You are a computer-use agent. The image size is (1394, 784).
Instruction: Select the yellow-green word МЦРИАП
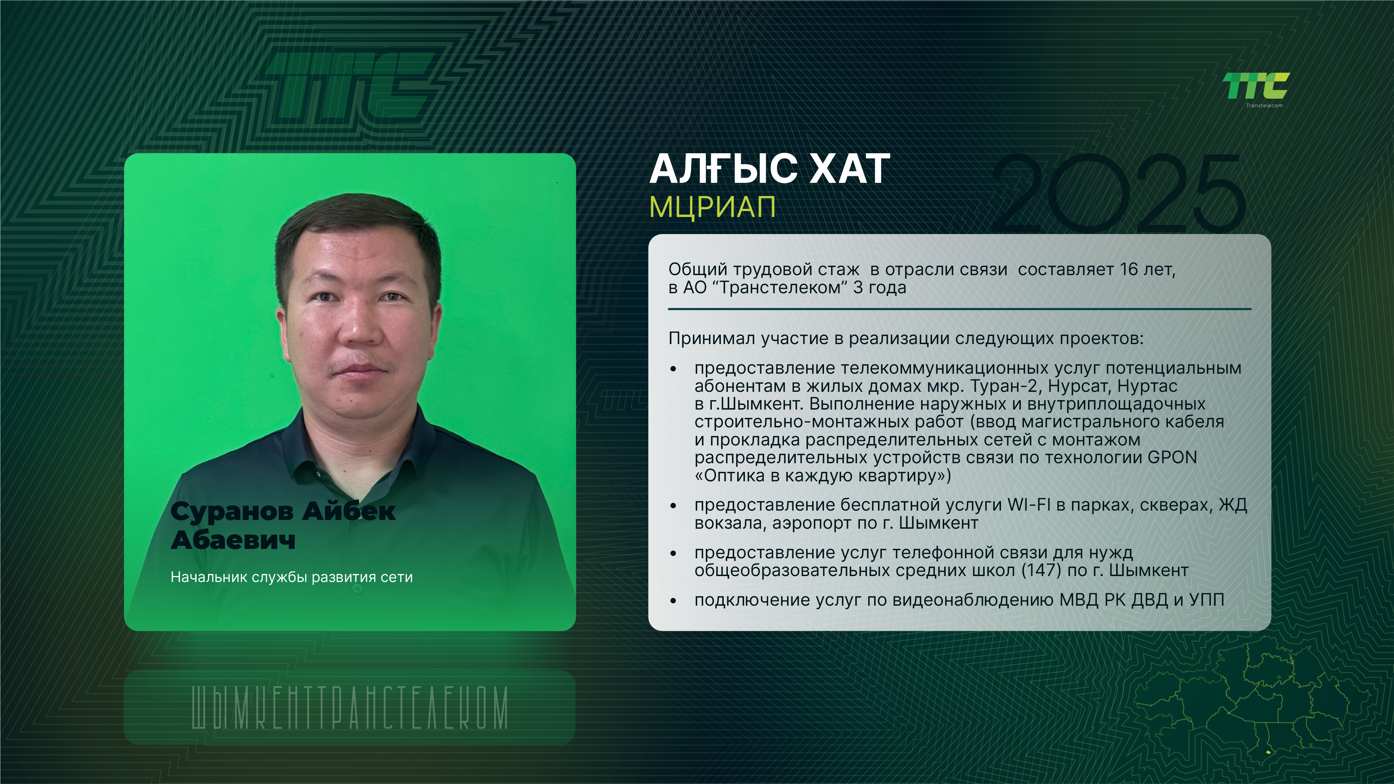click(712, 207)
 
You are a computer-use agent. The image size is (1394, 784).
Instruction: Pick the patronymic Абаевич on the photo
click(233, 540)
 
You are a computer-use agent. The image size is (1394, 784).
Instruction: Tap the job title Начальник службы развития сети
click(292, 577)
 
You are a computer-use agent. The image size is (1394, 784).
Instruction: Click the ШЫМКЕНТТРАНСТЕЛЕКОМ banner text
click(350, 708)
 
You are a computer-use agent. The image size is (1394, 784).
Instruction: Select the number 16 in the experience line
click(1129, 270)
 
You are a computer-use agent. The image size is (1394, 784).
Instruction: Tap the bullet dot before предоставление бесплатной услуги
click(673, 506)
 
